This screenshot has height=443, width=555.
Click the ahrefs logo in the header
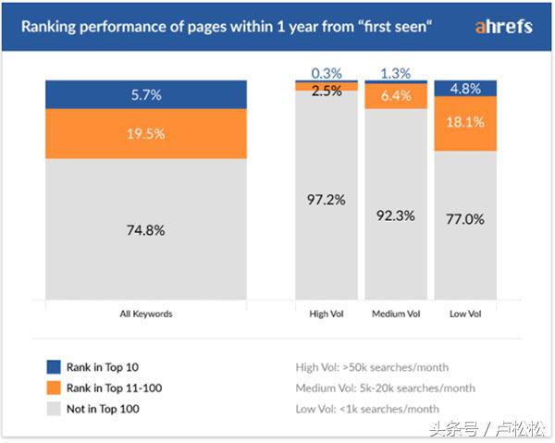[x=503, y=27]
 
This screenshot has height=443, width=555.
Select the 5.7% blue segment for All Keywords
[x=146, y=94]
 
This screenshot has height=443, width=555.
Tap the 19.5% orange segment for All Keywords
[x=146, y=133]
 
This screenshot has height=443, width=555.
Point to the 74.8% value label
[x=146, y=230]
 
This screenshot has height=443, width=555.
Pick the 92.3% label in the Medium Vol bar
[x=396, y=215]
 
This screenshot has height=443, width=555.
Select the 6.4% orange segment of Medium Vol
[x=396, y=95]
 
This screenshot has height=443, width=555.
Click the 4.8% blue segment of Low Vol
[x=465, y=89]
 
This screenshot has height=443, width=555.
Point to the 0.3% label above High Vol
[x=327, y=72]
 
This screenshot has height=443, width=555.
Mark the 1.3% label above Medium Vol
[x=396, y=72]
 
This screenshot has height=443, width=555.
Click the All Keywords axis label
[x=146, y=314]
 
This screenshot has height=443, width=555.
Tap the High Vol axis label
[x=327, y=314]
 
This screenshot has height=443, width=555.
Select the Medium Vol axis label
[x=396, y=314]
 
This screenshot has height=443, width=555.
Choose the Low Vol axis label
[x=465, y=314]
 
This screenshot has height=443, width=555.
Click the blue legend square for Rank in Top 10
[x=53, y=366]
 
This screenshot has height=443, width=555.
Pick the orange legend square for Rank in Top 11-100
[x=53, y=388]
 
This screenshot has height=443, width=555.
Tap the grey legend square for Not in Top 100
[x=53, y=408]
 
